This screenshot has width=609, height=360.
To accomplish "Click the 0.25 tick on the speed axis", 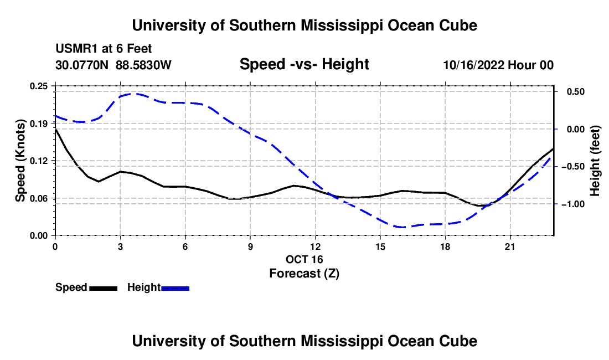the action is [38, 86].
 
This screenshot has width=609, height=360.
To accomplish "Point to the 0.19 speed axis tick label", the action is [38, 124].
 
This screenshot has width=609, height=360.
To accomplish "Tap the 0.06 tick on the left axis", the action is [38, 198].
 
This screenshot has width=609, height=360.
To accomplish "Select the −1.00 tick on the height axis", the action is [573, 204].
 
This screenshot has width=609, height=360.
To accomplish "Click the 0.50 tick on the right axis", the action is [576, 92].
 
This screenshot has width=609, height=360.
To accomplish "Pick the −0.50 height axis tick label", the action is [573, 167].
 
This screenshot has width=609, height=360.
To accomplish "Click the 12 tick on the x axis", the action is [316, 246].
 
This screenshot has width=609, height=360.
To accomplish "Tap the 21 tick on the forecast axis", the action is [510, 246].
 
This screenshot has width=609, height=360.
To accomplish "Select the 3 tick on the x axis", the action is [120, 246].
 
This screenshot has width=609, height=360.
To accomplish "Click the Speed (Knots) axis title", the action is [20, 161].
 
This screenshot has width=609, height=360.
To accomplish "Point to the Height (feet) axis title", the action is [595, 161].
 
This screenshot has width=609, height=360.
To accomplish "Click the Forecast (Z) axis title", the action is [304, 274].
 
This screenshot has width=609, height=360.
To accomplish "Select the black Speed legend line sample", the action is [104, 288].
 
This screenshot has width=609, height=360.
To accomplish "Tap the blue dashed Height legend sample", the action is [175, 288].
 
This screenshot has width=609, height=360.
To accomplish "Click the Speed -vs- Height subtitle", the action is [304, 64].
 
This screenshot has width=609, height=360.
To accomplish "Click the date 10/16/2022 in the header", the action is [474, 65].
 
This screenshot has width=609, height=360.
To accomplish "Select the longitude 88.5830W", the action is [143, 65].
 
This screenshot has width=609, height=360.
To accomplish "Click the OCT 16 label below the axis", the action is [304, 259].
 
